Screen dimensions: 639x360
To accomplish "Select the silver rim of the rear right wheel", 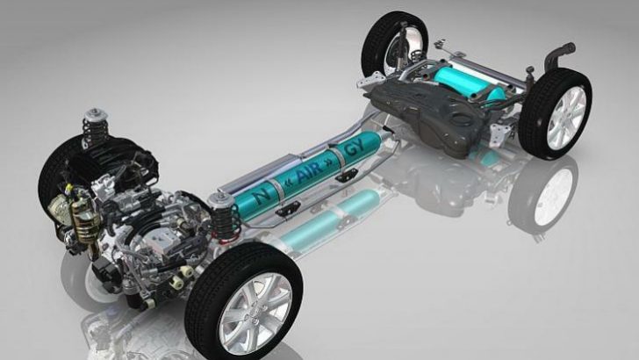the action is [567, 117].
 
